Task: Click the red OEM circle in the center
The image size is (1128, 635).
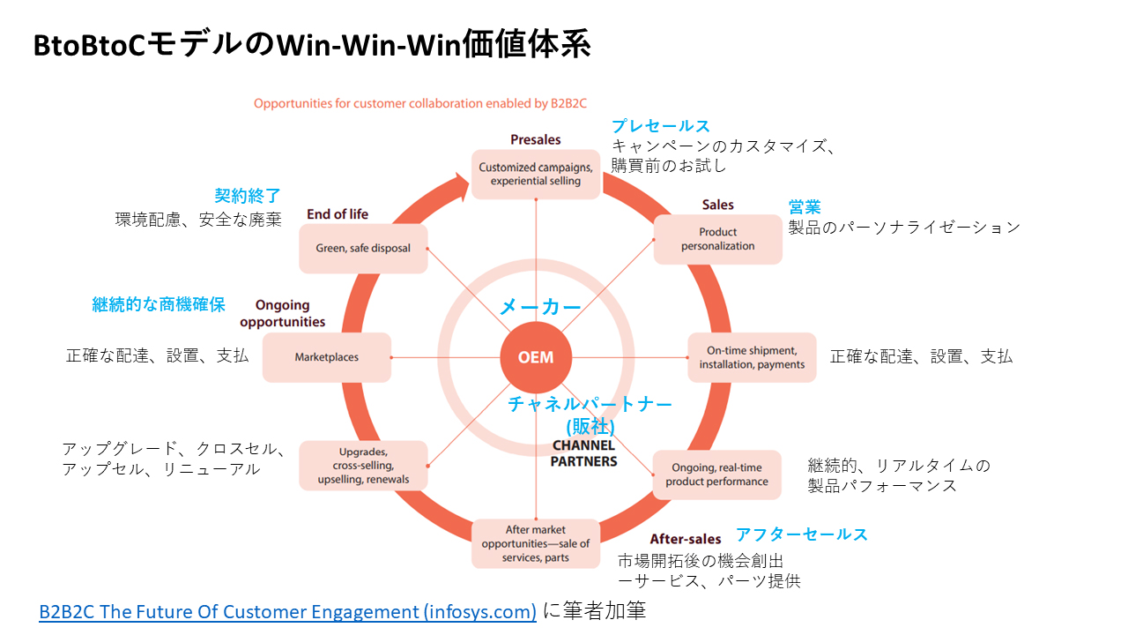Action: (x=535, y=358)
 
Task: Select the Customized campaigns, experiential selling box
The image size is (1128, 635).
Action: (x=536, y=174)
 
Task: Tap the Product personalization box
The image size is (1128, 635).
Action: (x=717, y=239)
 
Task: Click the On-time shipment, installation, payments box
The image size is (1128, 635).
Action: (x=752, y=357)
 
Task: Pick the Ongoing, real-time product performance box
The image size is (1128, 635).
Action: (x=716, y=474)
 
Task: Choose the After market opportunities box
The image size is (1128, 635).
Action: (x=536, y=543)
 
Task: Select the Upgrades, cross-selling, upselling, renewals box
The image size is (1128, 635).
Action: (x=363, y=465)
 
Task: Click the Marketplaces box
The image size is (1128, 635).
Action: (x=327, y=357)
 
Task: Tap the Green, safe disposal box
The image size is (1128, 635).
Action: (x=363, y=248)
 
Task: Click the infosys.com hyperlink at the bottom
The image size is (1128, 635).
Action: (x=287, y=611)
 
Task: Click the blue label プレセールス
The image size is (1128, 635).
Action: (x=660, y=126)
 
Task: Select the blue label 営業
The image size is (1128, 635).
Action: (x=805, y=207)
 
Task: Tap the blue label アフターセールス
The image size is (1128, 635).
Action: (x=802, y=534)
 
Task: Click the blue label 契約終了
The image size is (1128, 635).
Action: (x=248, y=196)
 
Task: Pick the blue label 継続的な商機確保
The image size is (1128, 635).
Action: (x=159, y=304)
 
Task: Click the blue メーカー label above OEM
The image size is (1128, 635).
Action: (x=540, y=307)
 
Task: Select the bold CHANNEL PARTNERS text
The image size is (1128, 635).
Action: (x=584, y=453)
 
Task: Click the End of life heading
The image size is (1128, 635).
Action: (x=338, y=214)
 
